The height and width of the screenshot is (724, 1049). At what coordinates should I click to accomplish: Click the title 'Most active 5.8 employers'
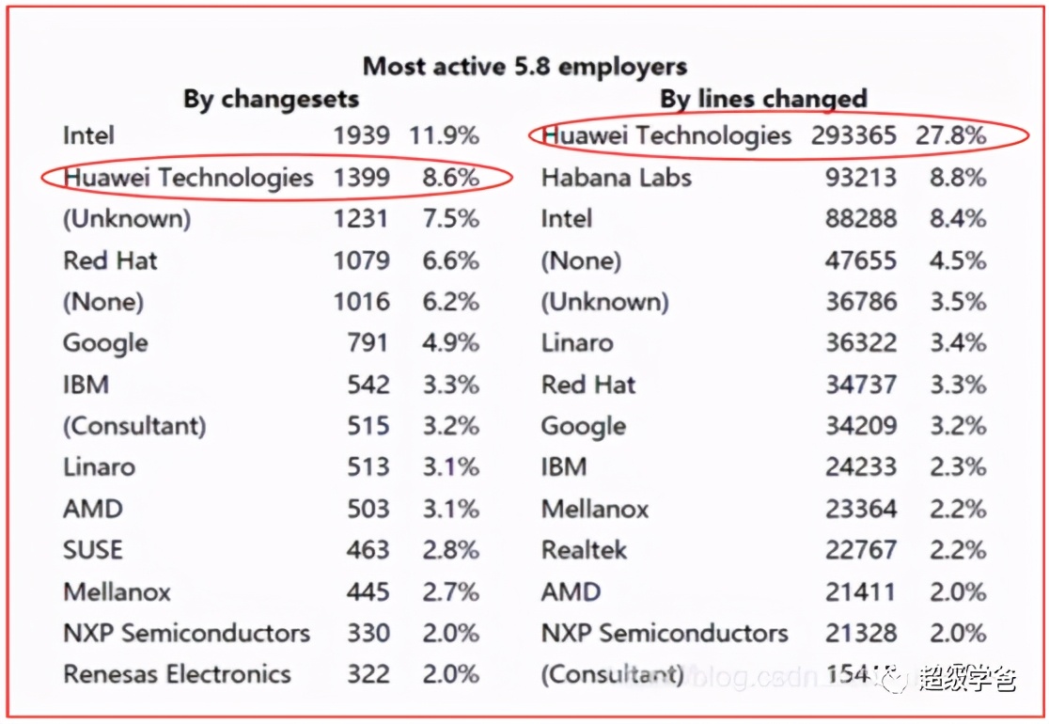click(524, 67)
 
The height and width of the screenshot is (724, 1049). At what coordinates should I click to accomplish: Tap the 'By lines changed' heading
click(762, 99)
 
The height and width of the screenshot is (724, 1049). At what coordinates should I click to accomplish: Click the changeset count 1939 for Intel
click(361, 135)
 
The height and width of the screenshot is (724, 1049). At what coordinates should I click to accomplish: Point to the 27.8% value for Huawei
click(951, 135)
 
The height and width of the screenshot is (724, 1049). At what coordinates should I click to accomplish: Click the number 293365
click(853, 135)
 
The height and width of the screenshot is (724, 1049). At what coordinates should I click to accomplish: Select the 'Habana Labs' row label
click(616, 177)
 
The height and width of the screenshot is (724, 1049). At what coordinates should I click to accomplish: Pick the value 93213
click(860, 177)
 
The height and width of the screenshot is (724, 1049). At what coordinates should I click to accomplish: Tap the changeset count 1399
click(361, 177)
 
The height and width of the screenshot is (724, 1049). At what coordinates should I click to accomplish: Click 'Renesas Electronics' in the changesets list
click(177, 674)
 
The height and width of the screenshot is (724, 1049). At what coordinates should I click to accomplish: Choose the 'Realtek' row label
click(584, 550)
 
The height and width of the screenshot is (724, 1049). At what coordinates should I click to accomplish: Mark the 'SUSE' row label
click(93, 550)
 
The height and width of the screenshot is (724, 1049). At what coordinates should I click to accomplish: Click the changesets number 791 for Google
click(367, 342)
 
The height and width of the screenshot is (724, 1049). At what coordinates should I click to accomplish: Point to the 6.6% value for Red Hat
click(450, 260)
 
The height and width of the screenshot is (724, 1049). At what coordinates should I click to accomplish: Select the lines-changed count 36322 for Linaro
click(860, 342)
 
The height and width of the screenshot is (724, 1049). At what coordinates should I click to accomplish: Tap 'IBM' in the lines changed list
click(564, 467)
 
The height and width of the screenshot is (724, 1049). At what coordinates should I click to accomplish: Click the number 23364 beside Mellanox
click(860, 509)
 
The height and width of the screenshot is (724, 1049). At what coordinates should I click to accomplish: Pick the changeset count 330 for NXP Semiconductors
click(367, 633)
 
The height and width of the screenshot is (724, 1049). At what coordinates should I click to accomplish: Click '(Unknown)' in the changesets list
click(126, 218)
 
